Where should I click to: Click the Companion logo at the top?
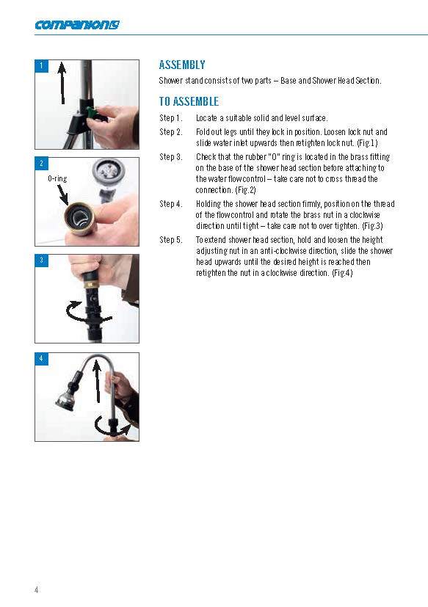point(77,25)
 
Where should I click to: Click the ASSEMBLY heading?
point(182,65)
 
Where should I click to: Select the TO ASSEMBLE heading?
point(189,101)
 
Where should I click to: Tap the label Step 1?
point(171,118)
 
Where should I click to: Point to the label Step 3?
point(171,157)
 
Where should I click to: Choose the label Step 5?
point(171,240)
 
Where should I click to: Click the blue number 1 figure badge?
point(41,66)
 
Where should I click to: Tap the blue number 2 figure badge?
point(41,164)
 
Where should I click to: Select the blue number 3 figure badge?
point(41,261)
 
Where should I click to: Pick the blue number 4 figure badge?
point(41,359)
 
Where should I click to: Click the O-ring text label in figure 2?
point(57,178)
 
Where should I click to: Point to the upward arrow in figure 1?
point(62,82)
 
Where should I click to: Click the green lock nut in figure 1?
point(93,112)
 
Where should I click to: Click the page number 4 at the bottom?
point(37,589)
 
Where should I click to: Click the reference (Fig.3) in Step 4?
point(372,225)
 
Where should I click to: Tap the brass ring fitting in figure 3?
point(90,284)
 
